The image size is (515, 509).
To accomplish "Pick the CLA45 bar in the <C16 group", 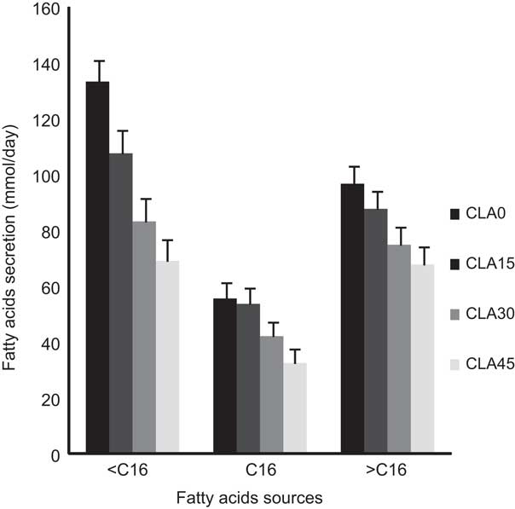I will point(167,357).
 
